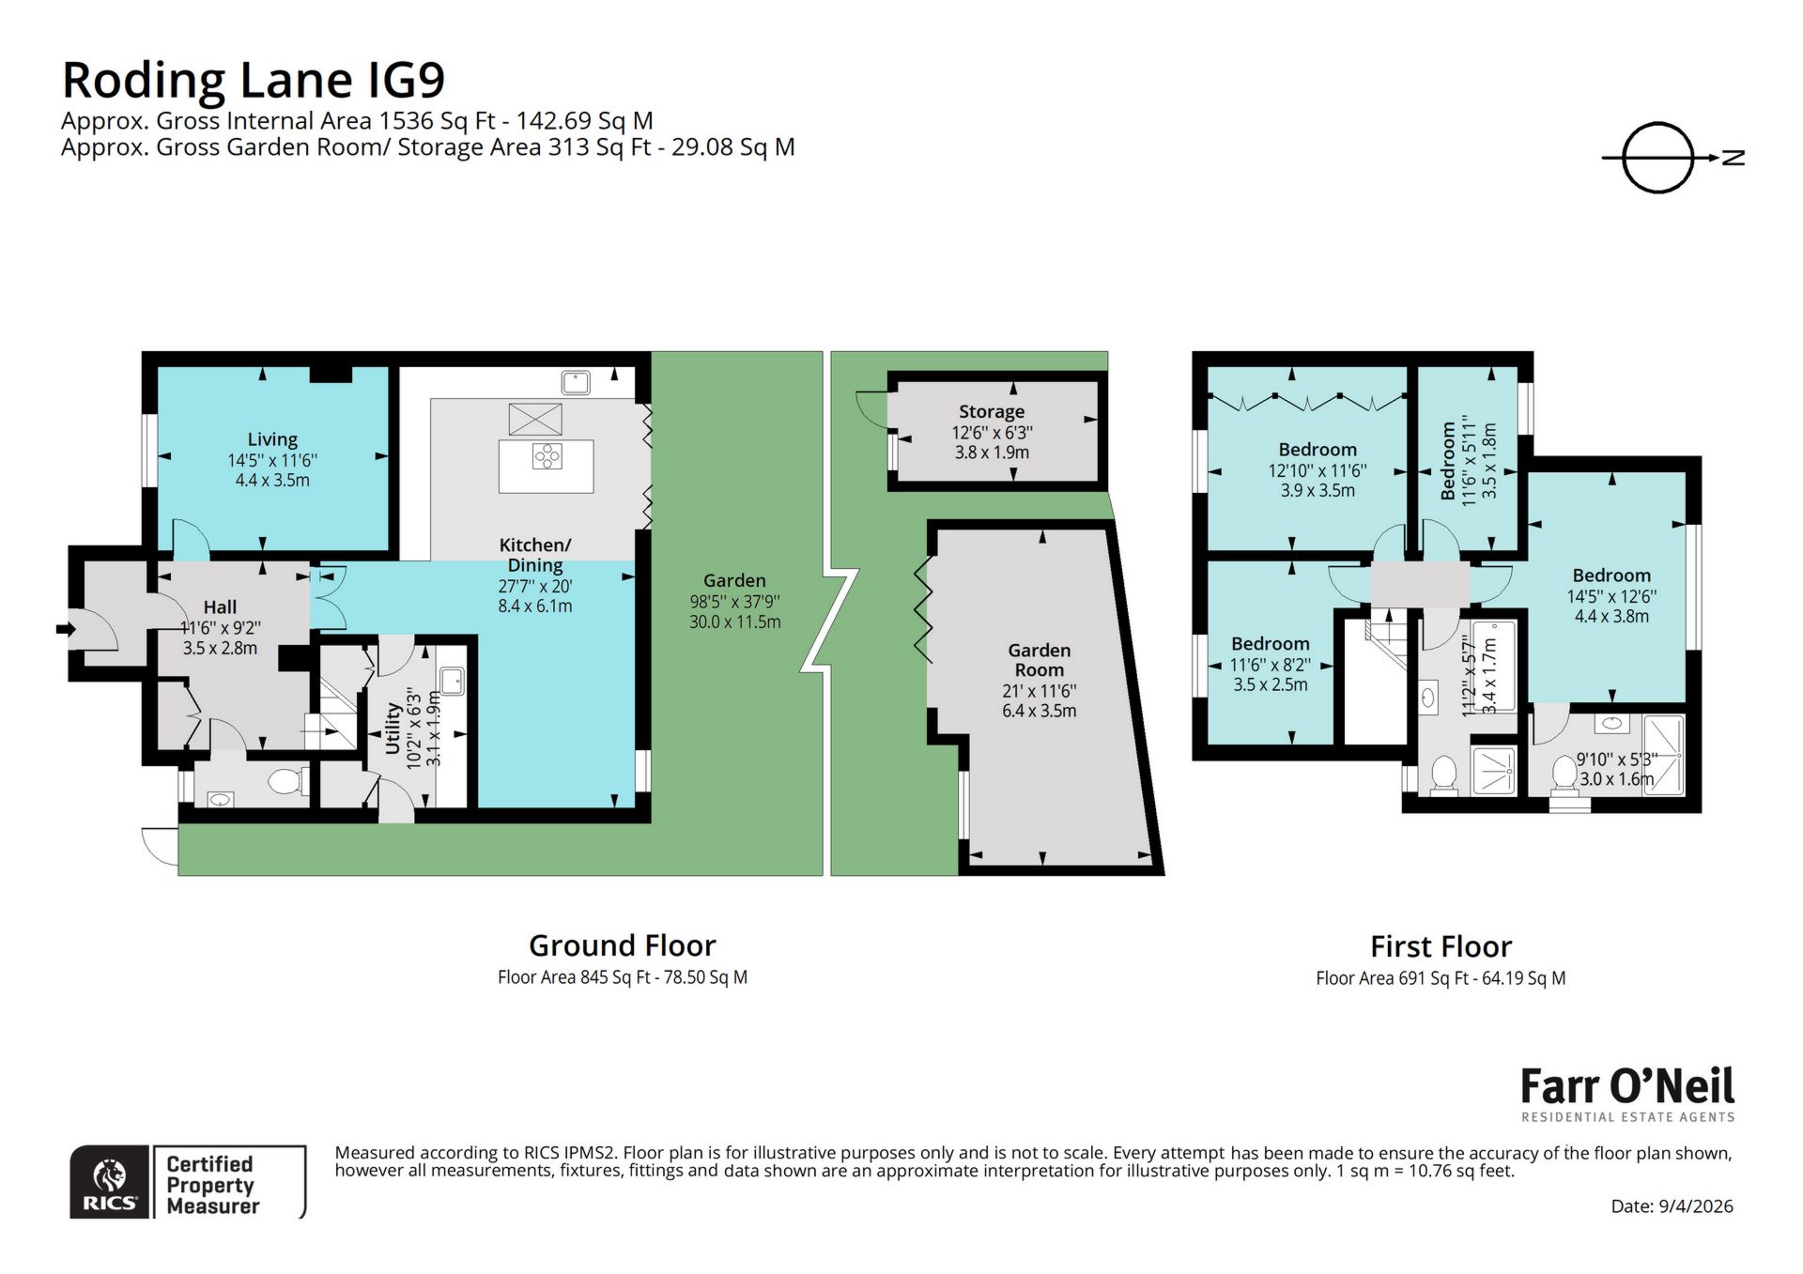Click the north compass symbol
pos(1658,158)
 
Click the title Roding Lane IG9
pos(253,80)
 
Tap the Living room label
pos(272,439)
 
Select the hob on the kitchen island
pos(547,456)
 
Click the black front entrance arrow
pos(66,629)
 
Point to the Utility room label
pos(393,729)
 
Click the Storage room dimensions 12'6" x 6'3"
pos(992,433)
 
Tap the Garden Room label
pos(1039,660)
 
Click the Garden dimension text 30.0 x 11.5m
pos(734,622)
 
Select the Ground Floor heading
pos(622,944)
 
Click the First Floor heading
pos(1441,945)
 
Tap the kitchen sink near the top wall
pos(576,382)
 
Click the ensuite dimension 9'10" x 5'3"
pos(1616,759)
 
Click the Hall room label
pos(220,607)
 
